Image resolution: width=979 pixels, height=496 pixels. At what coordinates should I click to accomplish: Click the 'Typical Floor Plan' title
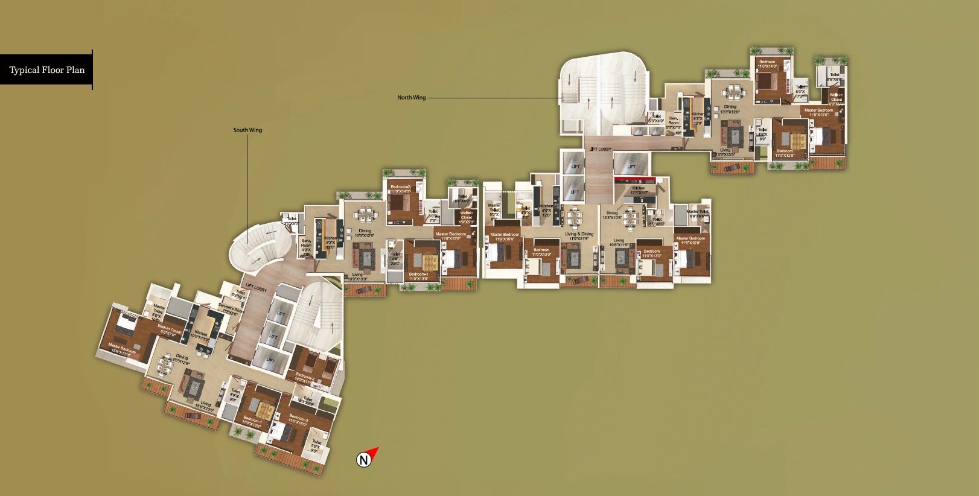(46, 70)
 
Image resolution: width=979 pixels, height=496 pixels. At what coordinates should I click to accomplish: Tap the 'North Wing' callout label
(411, 98)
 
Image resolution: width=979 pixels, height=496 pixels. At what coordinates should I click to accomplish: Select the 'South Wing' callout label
(247, 130)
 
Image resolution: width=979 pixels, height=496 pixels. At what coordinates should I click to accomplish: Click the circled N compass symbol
(363, 460)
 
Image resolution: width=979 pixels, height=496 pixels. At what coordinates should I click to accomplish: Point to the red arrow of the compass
(374, 451)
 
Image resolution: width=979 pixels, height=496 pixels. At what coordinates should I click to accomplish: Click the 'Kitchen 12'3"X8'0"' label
(639, 190)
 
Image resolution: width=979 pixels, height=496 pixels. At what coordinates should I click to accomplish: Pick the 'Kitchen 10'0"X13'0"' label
(200, 335)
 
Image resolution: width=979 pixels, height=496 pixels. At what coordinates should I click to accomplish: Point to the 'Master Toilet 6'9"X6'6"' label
(696, 214)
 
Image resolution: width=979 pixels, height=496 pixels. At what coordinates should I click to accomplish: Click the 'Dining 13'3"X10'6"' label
(612, 215)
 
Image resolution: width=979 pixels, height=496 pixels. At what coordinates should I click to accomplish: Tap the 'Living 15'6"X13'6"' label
(205, 406)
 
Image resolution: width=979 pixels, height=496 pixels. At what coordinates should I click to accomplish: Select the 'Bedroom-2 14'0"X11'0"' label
(305, 379)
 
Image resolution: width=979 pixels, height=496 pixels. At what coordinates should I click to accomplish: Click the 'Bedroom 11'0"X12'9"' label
(784, 153)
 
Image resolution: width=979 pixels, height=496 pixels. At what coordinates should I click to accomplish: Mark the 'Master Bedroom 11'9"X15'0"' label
(504, 237)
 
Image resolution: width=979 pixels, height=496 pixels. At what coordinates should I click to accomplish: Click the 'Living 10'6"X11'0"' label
(619, 243)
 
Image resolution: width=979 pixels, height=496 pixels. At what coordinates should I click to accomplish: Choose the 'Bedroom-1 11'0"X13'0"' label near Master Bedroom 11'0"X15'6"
(418, 276)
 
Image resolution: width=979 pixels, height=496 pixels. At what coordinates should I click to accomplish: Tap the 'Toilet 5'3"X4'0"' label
(656, 118)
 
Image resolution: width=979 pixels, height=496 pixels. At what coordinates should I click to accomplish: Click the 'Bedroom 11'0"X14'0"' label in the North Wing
(767, 64)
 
